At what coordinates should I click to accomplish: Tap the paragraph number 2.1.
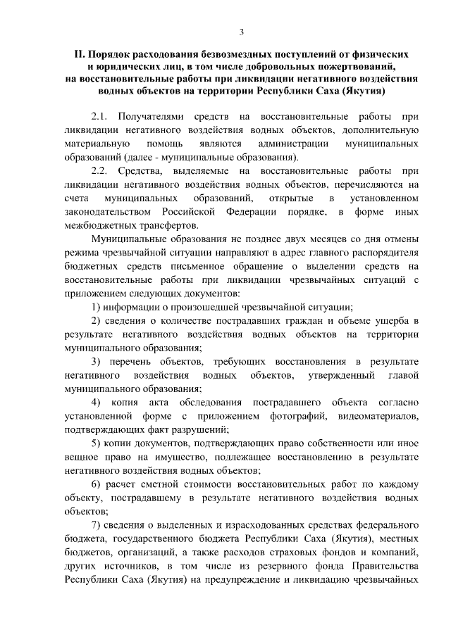tap(100, 115)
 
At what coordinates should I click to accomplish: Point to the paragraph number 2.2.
tap(100, 170)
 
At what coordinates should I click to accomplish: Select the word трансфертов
tap(166, 226)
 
